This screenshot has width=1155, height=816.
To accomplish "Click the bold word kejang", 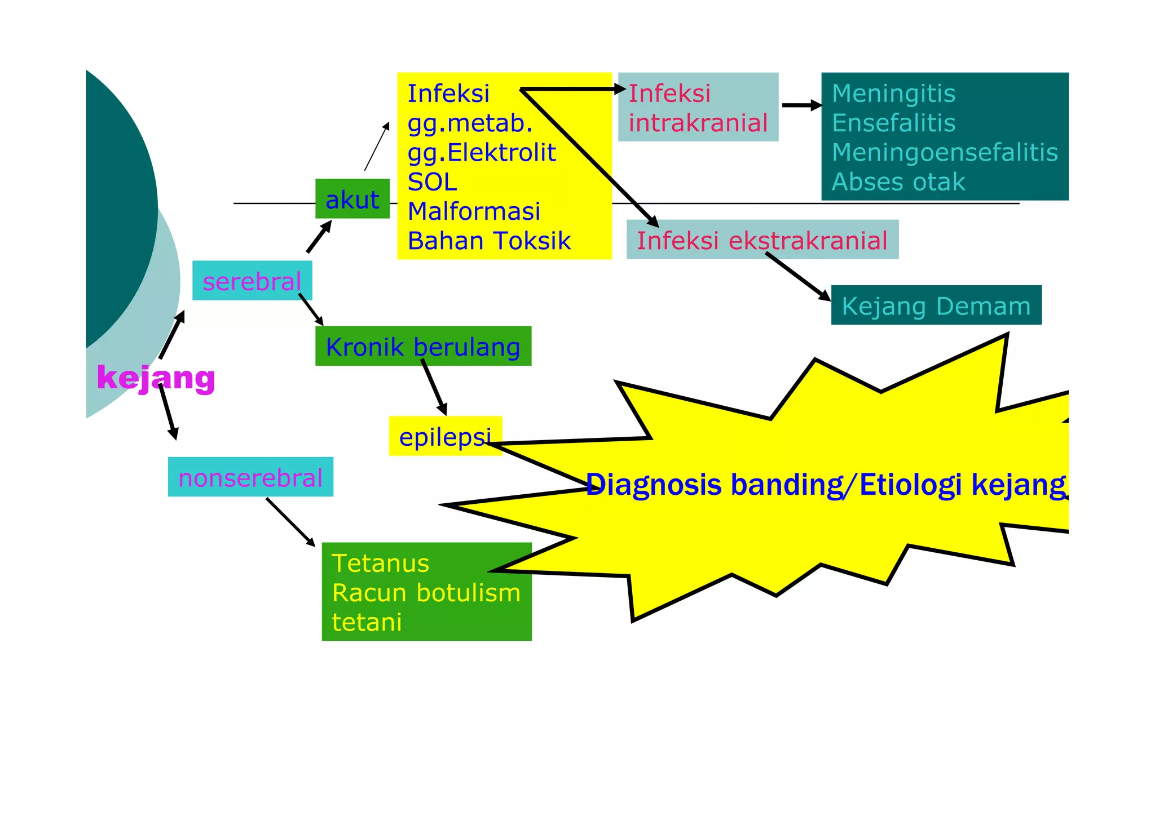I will point(156,377).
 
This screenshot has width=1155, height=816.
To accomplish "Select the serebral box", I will point(252,281).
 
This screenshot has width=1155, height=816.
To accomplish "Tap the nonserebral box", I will point(250,477).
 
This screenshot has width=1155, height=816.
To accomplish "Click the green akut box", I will point(352,199).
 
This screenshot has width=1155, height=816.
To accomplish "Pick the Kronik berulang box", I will point(423,346).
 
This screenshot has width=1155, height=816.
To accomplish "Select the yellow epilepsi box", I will point(444,436).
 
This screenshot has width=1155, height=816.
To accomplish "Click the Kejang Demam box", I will point(936,305).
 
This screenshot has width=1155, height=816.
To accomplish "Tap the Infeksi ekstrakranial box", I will point(762,240).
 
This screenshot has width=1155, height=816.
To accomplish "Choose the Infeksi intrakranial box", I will point(698,107).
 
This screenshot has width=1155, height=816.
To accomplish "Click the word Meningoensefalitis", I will point(945,152).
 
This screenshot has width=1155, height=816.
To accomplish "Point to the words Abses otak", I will point(898,181).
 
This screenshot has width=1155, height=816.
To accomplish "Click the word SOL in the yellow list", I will point(432,181).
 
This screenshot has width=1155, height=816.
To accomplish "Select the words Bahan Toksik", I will point(489,241).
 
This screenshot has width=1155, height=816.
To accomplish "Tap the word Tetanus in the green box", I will point(380,563).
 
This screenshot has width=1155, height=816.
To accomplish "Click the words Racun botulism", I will point(426,592).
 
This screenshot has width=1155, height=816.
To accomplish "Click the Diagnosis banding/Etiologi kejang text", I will point(826,485).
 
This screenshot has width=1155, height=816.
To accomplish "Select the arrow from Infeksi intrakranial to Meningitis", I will point(801,105).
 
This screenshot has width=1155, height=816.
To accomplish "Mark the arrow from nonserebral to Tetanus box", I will point(290,522).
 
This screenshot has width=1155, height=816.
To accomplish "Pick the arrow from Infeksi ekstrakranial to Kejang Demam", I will point(797,276).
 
